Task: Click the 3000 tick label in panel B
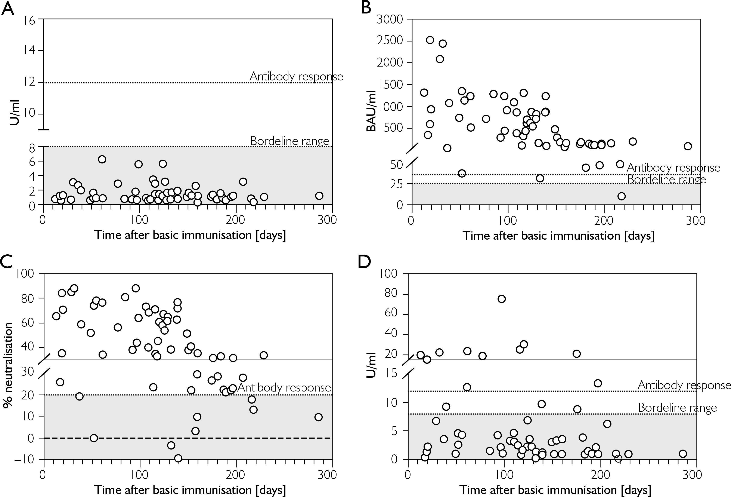pyautogui.click(x=390, y=19)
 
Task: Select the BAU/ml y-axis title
pyautogui.click(x=372, y=111)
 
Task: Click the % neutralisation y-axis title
pyautogui.click(x=9, y=365)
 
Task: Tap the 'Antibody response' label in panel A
pyautogui.click(x=296, y=76)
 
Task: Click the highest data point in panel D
pyautogui.click(x=502, y=299)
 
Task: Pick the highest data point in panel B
pyautogui.click(x=430, y=40)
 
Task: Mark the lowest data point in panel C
pyautogui.click(x=178, y=458)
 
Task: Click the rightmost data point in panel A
pyautogui.click(x=319, y=196)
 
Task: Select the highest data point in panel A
pyautogui.click(x=102, y=159)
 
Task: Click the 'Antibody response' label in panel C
pyautogui.click(x=284, y=387)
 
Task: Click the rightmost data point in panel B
pyautogui.click(x=688, y=146)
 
